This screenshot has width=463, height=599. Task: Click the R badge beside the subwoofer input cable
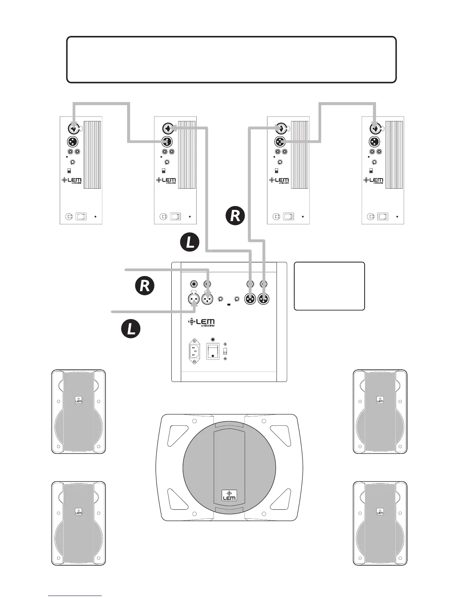145,286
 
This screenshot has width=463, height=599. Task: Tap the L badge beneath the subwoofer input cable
131,329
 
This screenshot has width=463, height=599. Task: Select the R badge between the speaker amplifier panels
235,216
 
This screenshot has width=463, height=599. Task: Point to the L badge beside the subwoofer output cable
190,242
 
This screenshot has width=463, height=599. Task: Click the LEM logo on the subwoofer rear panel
201,322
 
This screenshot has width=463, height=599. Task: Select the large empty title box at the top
231,59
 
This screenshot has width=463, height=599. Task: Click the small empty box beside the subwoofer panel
329,286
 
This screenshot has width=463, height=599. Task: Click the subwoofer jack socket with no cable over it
194,284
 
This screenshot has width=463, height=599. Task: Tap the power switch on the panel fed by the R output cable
289,217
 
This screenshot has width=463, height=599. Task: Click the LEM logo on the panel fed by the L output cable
166,180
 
